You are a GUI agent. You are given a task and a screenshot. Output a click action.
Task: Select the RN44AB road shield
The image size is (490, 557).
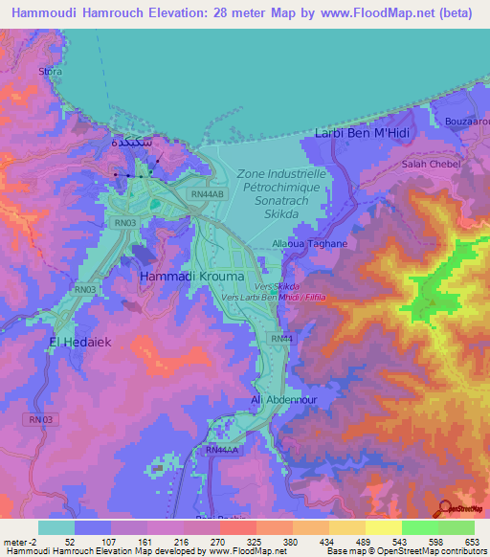pyautogui.click(x=208, y=192)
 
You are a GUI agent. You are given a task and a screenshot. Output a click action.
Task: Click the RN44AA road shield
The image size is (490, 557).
pyautogui.click(x=221, y=449)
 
